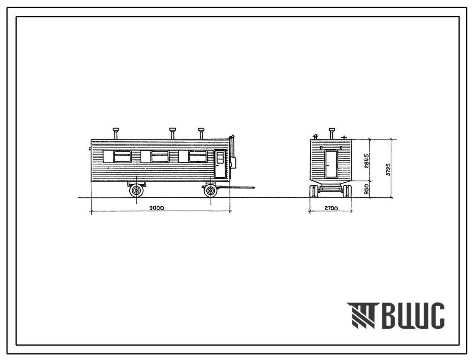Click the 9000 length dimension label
point(156,208)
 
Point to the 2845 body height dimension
point(366,160)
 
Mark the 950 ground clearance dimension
point(366,189)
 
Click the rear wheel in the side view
point(137,191)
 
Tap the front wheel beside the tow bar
point(211,191)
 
